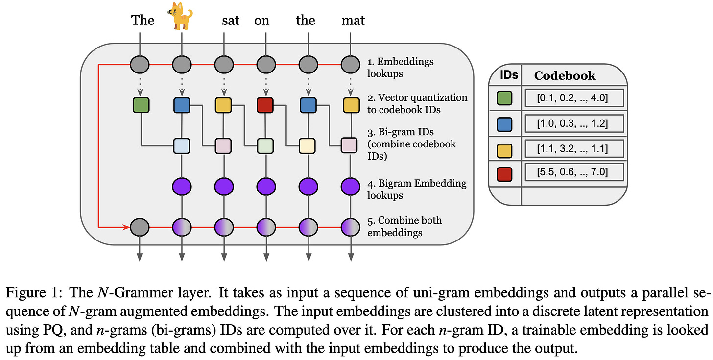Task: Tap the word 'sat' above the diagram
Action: (231, 21)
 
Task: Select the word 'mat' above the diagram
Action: (353, 21)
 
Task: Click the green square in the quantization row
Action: (141, 105)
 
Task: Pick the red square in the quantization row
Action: (265, 105)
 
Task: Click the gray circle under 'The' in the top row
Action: (140, 65)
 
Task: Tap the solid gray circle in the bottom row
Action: (140, 227)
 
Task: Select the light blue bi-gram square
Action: (181, 146)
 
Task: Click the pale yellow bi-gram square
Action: (307, 146)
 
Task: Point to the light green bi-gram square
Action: (265, 146)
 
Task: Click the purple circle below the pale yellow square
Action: (308, 187)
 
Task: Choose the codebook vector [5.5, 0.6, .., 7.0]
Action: (572, 172)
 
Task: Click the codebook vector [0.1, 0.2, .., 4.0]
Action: (572, 98)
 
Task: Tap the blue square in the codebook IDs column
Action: (504, 124)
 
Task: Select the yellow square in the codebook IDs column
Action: (504, 151)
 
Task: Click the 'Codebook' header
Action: (565, 76)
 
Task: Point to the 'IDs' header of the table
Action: (509, 75)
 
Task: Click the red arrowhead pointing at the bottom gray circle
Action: (126, 227)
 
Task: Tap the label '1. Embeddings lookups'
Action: (401, 68)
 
